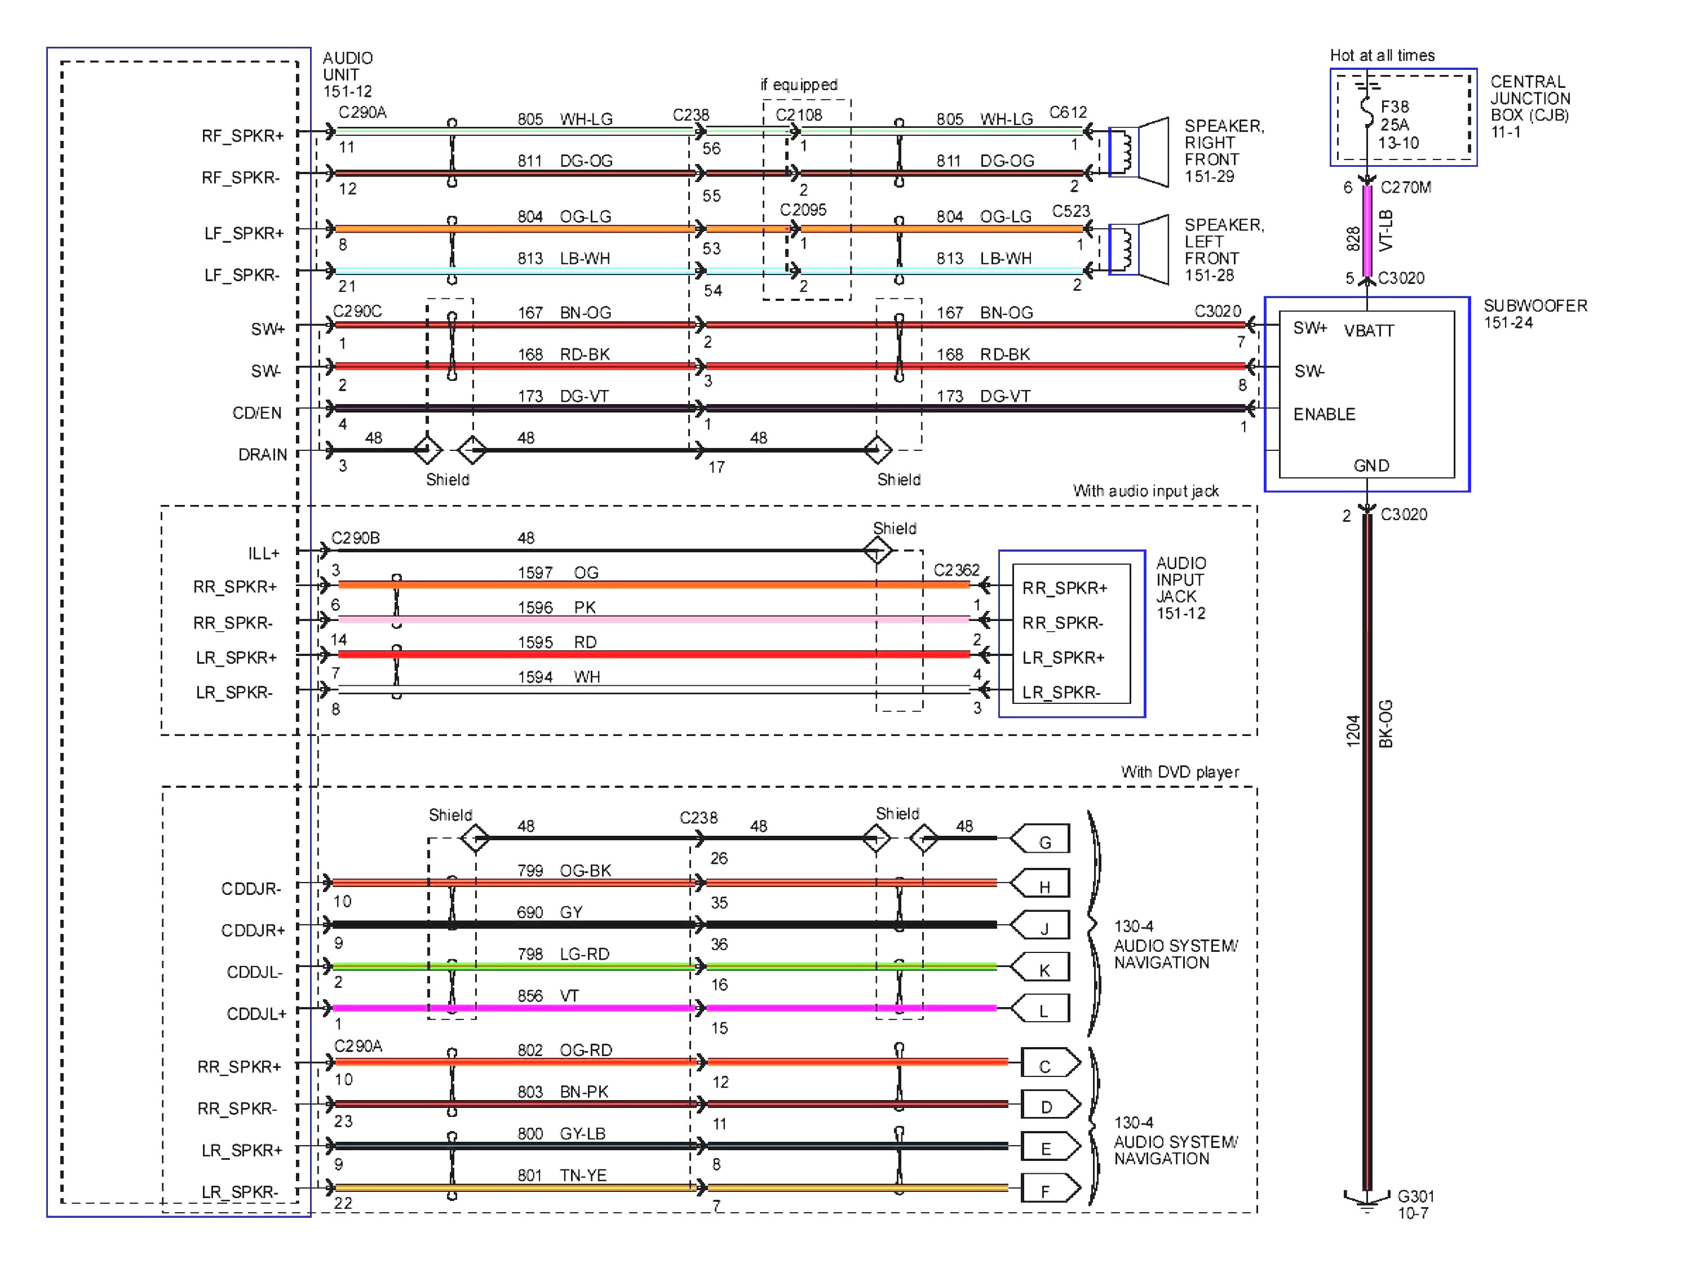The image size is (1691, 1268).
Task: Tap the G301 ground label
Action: coord(1415,1196)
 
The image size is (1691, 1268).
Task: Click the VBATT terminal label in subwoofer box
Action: coord(1369,331)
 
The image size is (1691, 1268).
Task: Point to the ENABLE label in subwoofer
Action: coord(1324,414)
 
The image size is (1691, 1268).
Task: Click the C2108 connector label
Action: coord(798,114)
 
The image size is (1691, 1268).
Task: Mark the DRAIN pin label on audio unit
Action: coord(262,455)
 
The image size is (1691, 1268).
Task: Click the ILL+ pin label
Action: coord(264,553)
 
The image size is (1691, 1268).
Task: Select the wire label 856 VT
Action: coord(547,996)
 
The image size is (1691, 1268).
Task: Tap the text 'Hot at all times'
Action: coord(1382,55)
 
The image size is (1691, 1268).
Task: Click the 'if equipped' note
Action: coord(798,84)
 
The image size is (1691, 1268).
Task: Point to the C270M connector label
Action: coord(1405,187)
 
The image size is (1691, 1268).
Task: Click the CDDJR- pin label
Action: coord(251,888)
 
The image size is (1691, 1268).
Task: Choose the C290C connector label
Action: coord(357,311)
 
